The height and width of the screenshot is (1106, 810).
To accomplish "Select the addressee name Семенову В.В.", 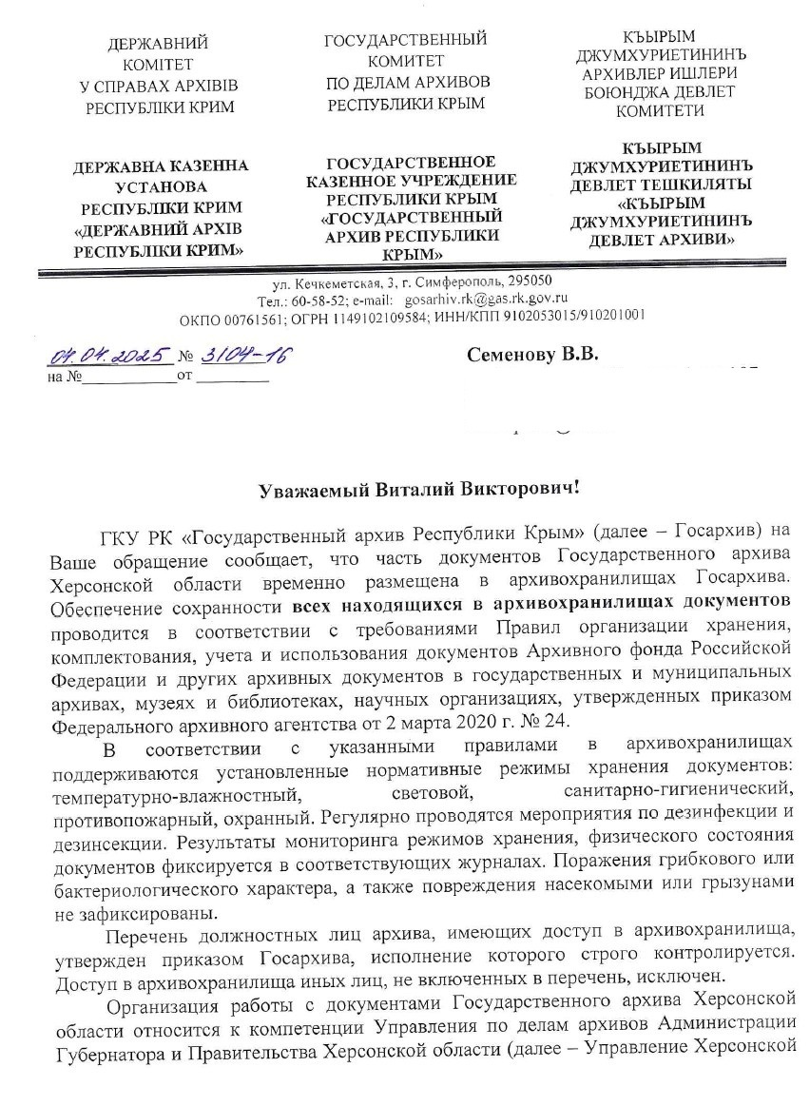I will [x=532, y=355].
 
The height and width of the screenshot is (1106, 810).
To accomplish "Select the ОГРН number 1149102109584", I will [x=438, y=315].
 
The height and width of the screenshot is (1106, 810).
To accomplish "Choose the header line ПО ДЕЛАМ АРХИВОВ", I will [x=407, y=83].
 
